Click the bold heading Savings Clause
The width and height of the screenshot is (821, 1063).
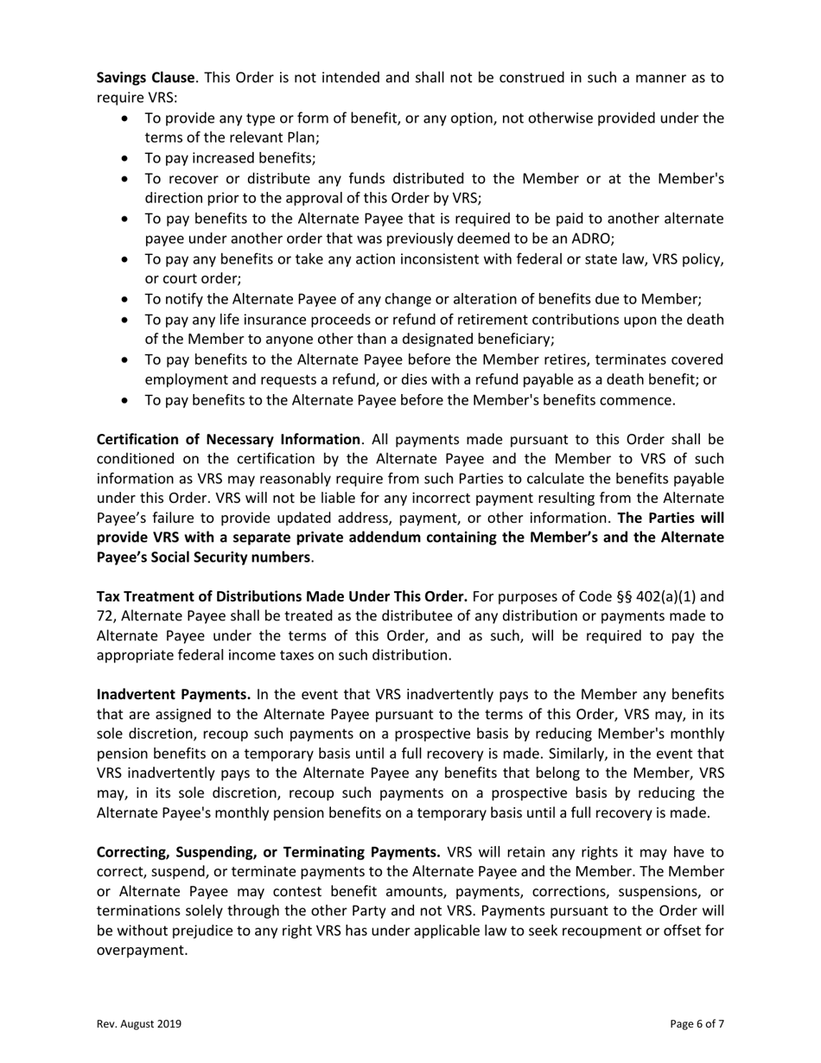tap(145, 78)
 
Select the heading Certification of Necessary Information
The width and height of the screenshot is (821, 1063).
tap(228, 440)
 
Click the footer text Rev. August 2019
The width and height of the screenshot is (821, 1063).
tap(138, 1024)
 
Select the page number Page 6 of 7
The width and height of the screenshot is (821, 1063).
tap(697, 1024)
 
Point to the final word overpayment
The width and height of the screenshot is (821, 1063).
tap(140, 949)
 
